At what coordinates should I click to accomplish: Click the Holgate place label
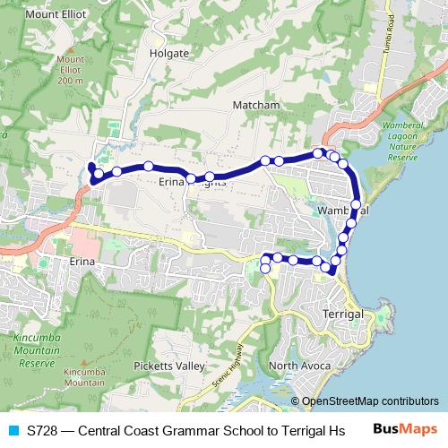click(170, 53)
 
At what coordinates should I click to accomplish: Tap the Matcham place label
click(256, 105)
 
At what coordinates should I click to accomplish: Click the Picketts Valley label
click(169, 366)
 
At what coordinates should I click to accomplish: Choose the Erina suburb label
click(82, 262)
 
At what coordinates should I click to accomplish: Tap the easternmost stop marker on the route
click(356, 205)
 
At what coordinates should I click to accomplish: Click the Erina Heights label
click(192, 182)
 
